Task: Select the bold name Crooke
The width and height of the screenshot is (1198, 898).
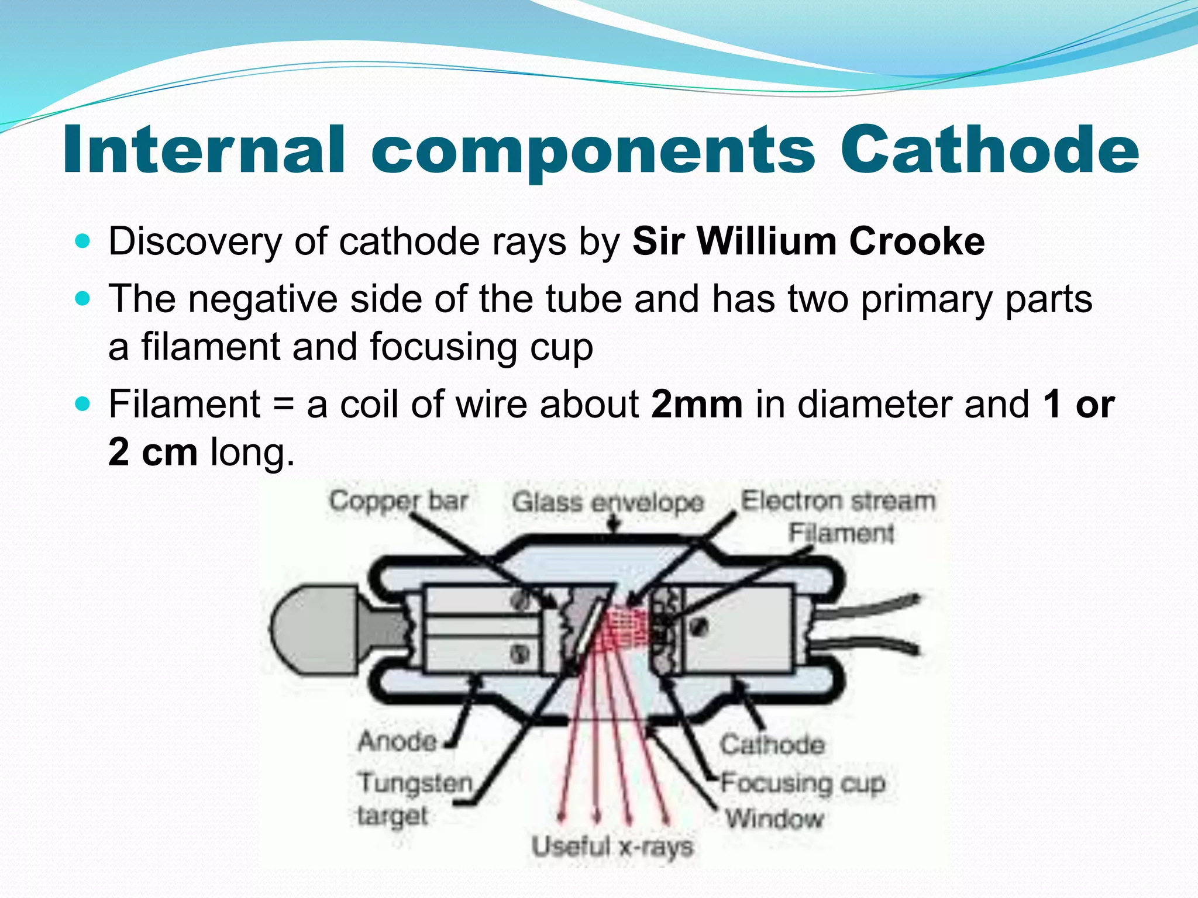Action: [x=917, y=241]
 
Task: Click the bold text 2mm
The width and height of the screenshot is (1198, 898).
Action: [x=697, y=404]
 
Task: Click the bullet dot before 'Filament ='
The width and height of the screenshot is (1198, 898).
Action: [x=83, y=403]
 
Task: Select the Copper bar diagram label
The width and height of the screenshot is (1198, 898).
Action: [x=398, y=501]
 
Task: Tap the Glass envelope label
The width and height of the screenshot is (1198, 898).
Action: [x=608, y=502]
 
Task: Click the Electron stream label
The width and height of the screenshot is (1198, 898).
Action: [x=838, y=501]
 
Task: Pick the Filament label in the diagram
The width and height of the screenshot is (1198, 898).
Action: [x=841, y=533]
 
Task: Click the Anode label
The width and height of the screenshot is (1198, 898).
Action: [x=397, y=741]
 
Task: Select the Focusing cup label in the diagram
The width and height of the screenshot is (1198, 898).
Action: [x=803, y=783]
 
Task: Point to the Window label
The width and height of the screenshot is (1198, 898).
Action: [x=774, y=818]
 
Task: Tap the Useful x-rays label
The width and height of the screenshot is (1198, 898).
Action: [x=612, y=847]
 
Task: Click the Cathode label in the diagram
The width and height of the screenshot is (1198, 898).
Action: [x=772, y=745]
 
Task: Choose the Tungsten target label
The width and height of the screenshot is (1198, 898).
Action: [x=414, y=799]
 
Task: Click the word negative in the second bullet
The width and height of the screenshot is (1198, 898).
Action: [x=263, y=299]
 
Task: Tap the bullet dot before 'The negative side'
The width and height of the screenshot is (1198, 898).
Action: [x=83, y=298]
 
